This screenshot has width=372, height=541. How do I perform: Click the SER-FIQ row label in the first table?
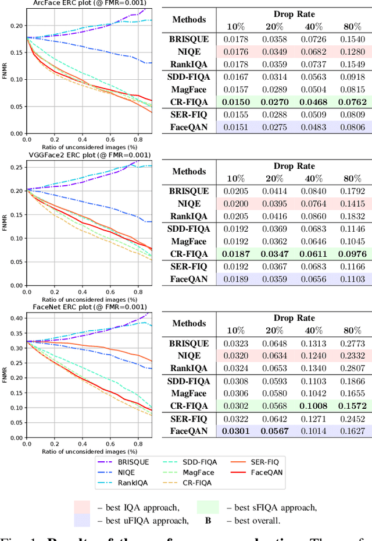tap(189, 114)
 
